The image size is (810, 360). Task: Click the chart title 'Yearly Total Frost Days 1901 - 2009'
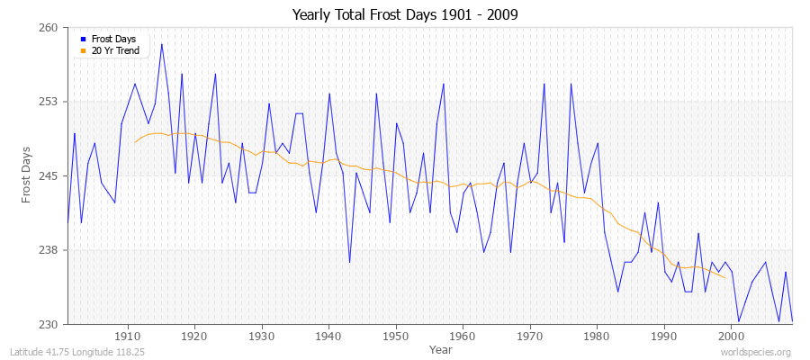(x=405, y=15)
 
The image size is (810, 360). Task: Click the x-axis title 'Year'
(x=441, y=348)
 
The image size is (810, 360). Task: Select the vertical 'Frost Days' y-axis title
(x=26, y=175)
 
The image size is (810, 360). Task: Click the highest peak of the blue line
(x=162, y=44)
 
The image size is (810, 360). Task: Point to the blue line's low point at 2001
(x=738, y=321)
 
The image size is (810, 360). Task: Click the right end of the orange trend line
(x=724, y=277)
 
